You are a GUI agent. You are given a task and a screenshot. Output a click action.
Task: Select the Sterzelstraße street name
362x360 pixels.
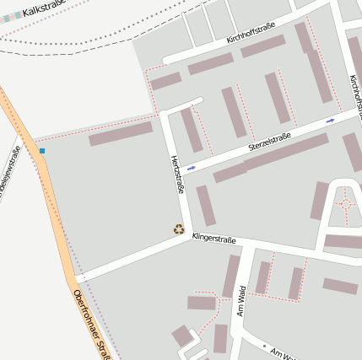(x=269, y=139)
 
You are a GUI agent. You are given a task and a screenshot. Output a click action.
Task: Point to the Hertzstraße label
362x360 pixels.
(x=178, y=174)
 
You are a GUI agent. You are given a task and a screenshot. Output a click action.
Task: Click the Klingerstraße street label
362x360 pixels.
(x=214, y=239)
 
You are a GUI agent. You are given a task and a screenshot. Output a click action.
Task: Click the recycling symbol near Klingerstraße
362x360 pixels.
(x=179, y=228)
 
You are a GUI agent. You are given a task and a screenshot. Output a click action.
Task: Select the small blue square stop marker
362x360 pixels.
(x=42, y=150)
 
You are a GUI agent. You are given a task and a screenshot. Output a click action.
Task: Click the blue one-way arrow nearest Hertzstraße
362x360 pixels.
(x=192, y=168)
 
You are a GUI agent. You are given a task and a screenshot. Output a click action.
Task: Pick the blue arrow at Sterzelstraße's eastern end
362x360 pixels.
(x=330, y=121)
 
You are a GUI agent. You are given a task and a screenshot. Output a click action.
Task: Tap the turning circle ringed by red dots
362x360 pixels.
(x=345, y=204)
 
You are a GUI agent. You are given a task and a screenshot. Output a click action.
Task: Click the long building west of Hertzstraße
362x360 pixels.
(x=121, y=133)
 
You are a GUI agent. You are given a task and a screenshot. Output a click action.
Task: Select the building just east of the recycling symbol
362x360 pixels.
(x=206, y=206)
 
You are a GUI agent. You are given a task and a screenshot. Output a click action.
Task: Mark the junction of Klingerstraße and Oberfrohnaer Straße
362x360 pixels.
(x=78, y=277)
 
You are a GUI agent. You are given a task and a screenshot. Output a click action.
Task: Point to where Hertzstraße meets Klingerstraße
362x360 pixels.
(x=189, y=236)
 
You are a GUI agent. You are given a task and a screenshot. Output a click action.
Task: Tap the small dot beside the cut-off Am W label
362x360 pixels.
(x=264, y=346)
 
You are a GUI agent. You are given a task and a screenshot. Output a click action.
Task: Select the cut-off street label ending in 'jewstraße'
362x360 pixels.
(x=10, y=173)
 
